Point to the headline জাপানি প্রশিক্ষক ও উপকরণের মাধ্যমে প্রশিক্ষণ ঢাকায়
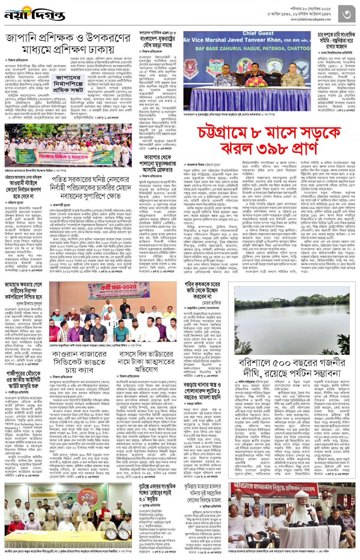coord(68,43)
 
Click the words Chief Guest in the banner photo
coord(258,33)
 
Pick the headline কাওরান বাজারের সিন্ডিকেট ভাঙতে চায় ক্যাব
coord(79,362)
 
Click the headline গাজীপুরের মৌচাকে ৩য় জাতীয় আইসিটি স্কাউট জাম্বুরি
coord(23,380)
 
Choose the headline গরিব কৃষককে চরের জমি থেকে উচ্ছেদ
coord(202,290)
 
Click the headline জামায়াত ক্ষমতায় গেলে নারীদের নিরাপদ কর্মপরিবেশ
coord(23,290)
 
